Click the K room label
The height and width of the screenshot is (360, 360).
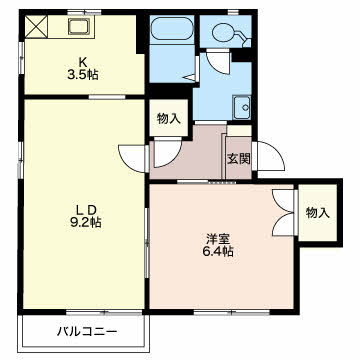tap(83, 62)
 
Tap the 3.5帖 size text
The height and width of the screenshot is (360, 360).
tap(83, 75)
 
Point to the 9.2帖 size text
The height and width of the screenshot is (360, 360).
tap(85, 222)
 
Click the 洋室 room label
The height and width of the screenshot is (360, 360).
tap(217, 239)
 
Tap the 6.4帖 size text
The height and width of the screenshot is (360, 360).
tap(218, 251)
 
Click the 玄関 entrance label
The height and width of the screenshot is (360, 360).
tap(239, 159)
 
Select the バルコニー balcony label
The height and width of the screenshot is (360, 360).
tap(87, 332)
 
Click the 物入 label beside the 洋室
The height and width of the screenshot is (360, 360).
tap(318, 213)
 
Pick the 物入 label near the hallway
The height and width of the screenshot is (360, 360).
tap(169, 118)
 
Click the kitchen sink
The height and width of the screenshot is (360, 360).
tap(79, 26)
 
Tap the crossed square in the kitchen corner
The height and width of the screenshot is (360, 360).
tap(36, 26)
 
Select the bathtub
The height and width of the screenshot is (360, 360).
tap(172, 29)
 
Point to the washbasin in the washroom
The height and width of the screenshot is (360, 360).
tap(242, 107)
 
